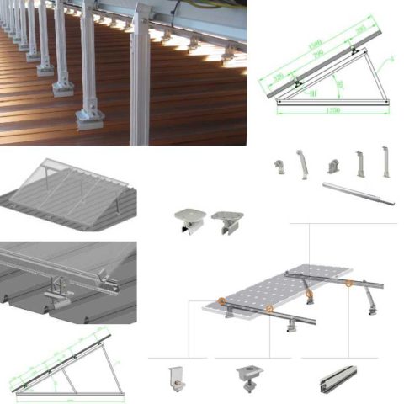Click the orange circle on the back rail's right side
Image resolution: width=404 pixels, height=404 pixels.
click(x=348, y=284)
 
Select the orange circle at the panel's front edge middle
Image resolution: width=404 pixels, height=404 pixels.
click(x=269, y=309)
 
